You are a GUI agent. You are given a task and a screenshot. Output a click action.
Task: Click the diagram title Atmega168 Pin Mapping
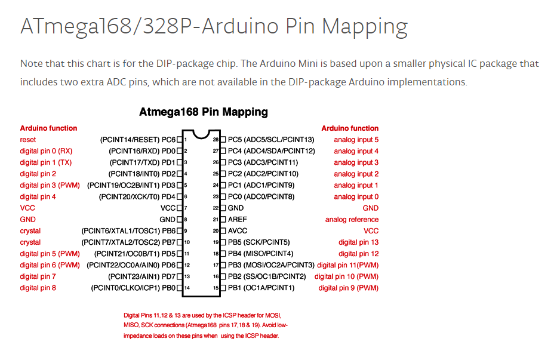pos(203,112)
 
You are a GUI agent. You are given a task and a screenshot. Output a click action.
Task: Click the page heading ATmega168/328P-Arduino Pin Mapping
pos(214,27)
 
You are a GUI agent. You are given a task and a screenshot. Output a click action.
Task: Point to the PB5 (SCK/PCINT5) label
pos(259,242)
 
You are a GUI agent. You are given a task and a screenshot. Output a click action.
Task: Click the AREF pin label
pos(238,220)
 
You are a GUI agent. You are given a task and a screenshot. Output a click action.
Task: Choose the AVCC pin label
pos(238,231)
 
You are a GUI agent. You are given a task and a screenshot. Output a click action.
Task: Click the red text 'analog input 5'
pos(356,140)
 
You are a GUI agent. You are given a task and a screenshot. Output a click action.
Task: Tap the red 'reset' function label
pos(28,140)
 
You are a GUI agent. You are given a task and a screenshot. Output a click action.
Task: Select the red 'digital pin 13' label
pos(358,242)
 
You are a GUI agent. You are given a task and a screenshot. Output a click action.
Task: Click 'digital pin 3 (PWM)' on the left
pos(50,185)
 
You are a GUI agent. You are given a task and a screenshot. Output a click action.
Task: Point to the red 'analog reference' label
pos(352,220)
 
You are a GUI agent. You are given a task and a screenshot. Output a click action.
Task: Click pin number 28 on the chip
pos(216,140)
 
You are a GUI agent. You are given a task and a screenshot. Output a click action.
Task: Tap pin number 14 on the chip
pos(187,288)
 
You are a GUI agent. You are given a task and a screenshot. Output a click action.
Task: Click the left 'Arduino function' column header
pos(48,128)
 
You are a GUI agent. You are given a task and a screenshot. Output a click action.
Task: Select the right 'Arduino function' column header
pos(350,128)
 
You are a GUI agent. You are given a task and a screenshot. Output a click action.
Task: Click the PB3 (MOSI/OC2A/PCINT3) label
pos(271,265)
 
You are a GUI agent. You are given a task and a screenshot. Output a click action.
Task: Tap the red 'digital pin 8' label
pos(38,288)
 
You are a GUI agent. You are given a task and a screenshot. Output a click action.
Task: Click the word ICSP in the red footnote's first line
pos(232,315)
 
